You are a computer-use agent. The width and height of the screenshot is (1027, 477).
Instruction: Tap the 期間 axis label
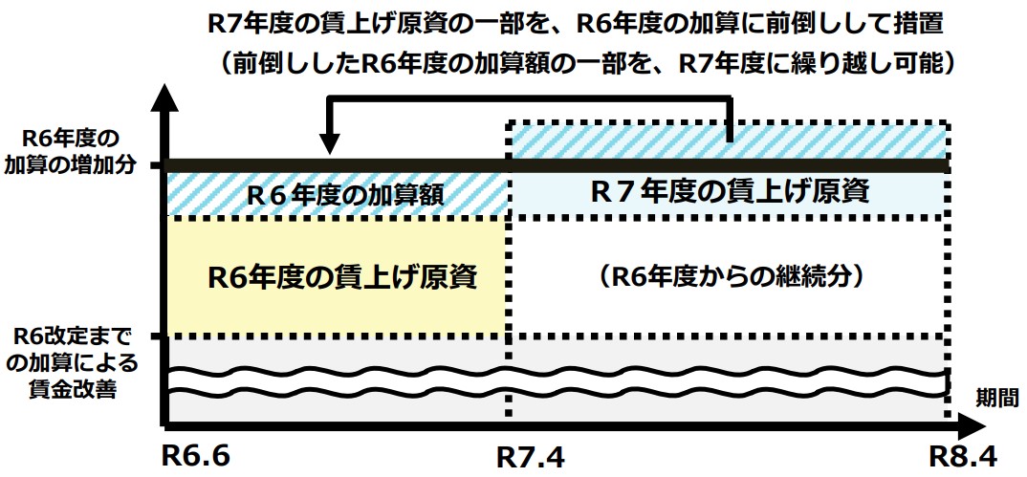point(994,395)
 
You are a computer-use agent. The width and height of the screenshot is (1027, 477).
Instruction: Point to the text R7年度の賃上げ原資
point(729,192)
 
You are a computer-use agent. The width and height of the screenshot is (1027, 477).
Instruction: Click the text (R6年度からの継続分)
point(729,276)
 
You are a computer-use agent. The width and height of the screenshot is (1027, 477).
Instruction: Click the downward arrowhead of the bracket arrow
point(329,144)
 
